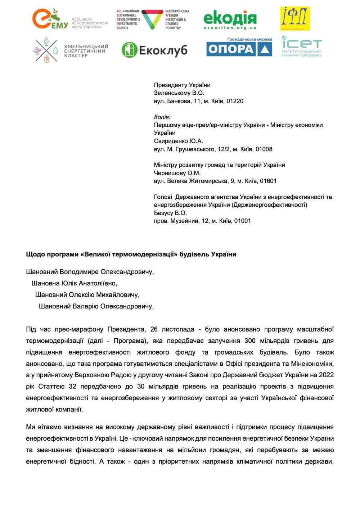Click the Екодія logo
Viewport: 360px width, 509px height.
point(230,19)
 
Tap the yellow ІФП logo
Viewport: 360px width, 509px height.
point(295,18)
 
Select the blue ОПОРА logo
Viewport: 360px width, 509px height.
point(239,49)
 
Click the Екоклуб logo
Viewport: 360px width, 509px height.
point(154,50)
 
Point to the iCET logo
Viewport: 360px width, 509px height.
point(302,46)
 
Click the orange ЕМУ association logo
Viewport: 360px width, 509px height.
point(50,19)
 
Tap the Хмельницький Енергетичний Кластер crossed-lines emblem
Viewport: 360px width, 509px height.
point(46,50)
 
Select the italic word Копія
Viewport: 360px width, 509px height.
point(162,117)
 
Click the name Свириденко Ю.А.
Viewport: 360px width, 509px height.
point(179,141)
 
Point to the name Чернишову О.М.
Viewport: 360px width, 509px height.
point(177,173)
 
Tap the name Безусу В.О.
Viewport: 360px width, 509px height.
point(170,213)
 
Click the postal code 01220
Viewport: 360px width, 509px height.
point(235,101)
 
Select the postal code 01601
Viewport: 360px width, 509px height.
point(268,181)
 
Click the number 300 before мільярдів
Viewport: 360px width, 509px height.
point(250,341)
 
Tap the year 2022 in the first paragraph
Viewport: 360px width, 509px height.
point(326,375)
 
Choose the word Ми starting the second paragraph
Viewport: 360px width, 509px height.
point(30,427)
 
